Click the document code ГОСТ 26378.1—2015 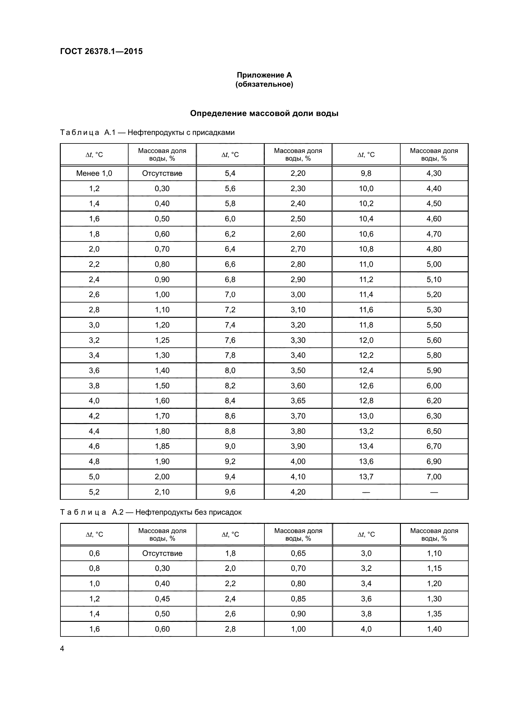pos(101,51)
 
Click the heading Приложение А pos(264,75)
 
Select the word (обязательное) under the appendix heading pos(264,84)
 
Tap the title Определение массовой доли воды pos(264,113)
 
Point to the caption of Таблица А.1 pos(147,132)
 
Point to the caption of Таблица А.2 pos(151,512)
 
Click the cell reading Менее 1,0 pos(94,173)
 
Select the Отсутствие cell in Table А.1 pos(162,173)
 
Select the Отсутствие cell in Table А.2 pos(162,553)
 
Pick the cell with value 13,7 pos(366,477)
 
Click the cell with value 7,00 pos(434,477)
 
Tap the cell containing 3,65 pos(298,400)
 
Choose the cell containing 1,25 pos(162,340)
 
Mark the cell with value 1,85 pos(162,446)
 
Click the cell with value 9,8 pos(366,173)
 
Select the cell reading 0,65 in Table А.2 pos(298,553)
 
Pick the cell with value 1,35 pos(434,614)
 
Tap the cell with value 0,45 pos(162,599)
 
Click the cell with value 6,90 pos(434,461)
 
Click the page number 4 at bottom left pos(62,648)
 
